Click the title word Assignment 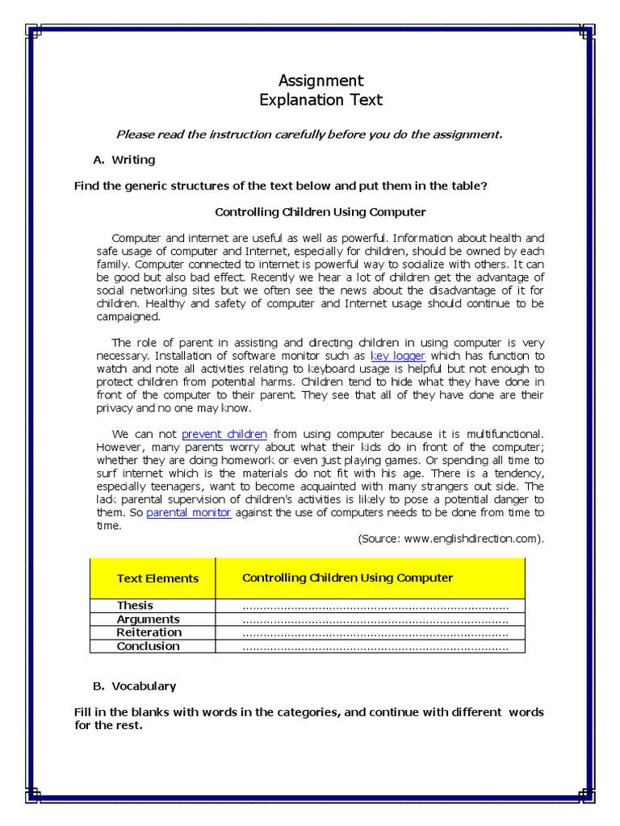(320, 81)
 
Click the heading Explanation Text (320, 101)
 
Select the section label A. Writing (124, 160)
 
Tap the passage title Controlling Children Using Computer (320, 212)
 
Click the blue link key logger (397, 356)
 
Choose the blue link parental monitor (189, 512)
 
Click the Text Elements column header (157, 578)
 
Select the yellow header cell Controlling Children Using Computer (347, 578)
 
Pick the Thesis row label (135, 606)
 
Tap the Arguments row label (148, 619)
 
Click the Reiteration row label (149, 632)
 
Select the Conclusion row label (148, 646)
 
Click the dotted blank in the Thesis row (375, 607)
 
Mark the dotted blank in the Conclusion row (375, 647)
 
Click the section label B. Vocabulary (134, 686)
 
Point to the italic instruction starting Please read (309, 134)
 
